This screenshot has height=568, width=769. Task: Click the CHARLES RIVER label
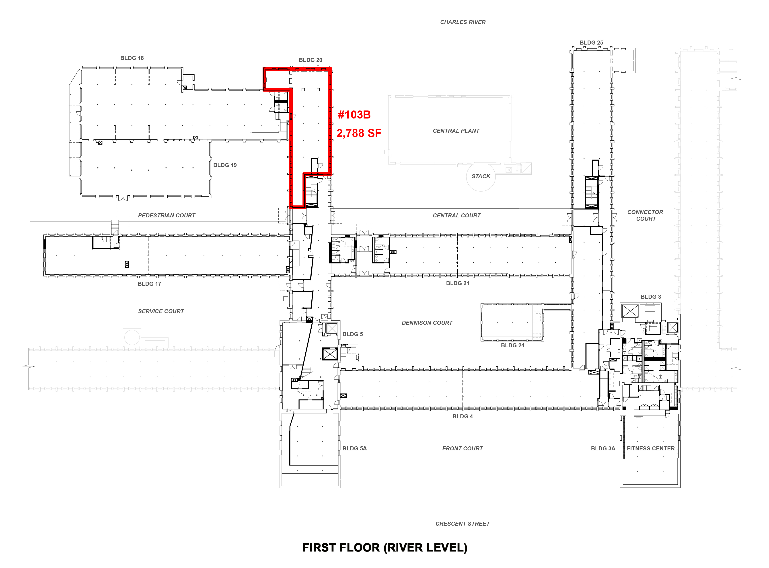(463, 22)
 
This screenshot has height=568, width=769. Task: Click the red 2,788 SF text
(359, 133)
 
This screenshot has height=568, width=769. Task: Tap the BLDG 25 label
(591, 43)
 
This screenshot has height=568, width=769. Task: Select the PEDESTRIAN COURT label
(167, 216)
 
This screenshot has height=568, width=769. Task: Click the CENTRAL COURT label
(456, 216)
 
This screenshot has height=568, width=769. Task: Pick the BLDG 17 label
(149, 284)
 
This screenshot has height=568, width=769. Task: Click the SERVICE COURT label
(161, 311)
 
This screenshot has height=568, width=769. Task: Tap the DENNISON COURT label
(427, 323)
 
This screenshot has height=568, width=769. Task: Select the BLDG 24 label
(513, 345)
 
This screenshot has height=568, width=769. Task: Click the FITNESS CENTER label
(651, 449)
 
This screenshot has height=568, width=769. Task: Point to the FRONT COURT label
(463, 449)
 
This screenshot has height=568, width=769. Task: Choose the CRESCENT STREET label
(463, 524)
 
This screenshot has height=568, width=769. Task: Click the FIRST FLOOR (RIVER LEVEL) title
(385, 548)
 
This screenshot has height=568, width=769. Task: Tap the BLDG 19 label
(225, 165)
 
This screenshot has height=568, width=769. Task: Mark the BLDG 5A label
(354, 449)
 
